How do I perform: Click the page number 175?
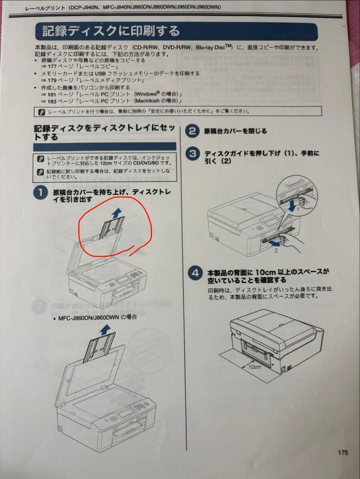342,453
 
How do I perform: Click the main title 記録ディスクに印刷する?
111,31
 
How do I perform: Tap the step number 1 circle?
41,193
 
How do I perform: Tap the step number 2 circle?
192,131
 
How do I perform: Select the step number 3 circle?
193,154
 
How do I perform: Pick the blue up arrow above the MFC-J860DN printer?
105,329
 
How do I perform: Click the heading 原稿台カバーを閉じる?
236,131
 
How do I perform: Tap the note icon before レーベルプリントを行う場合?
42,112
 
